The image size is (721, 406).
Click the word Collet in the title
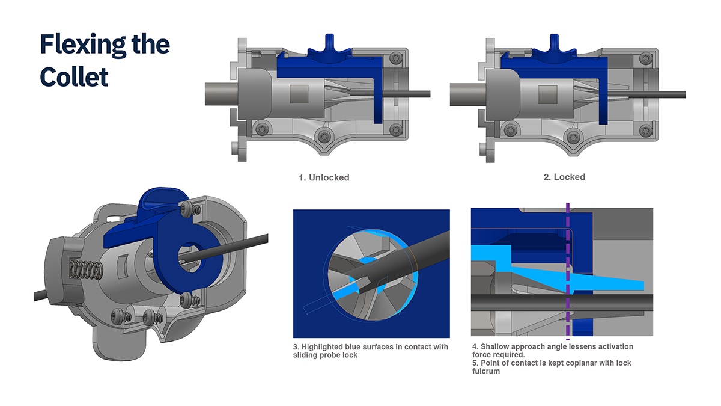click(x=74, y=77)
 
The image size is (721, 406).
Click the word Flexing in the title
click(x=83, y=45)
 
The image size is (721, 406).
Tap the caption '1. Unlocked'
click(x=324, y=177)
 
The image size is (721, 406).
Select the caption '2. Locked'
click(x=564, y=177)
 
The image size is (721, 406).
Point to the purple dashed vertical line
click(x=568, y=271)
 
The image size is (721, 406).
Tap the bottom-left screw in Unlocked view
click(x=262, y=129)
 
